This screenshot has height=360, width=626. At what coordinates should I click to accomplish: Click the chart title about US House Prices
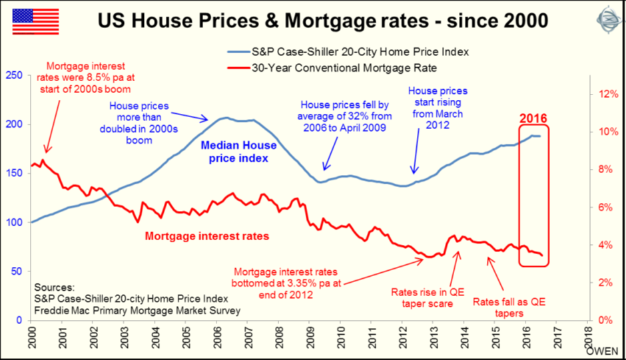(324, 21)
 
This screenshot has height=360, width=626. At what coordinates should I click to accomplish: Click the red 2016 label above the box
(534, 118)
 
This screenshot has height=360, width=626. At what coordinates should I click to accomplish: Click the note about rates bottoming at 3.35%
(285, 281)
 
